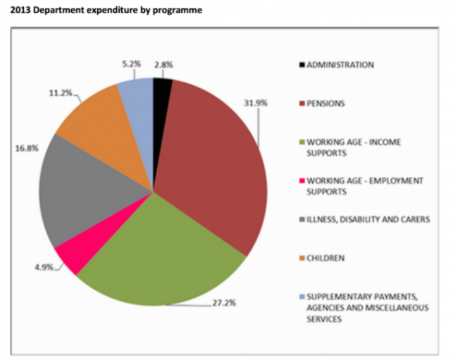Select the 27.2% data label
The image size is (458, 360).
click(225, 305)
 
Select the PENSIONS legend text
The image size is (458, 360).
click(326, 104)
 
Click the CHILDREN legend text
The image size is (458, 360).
click(326, 258)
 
